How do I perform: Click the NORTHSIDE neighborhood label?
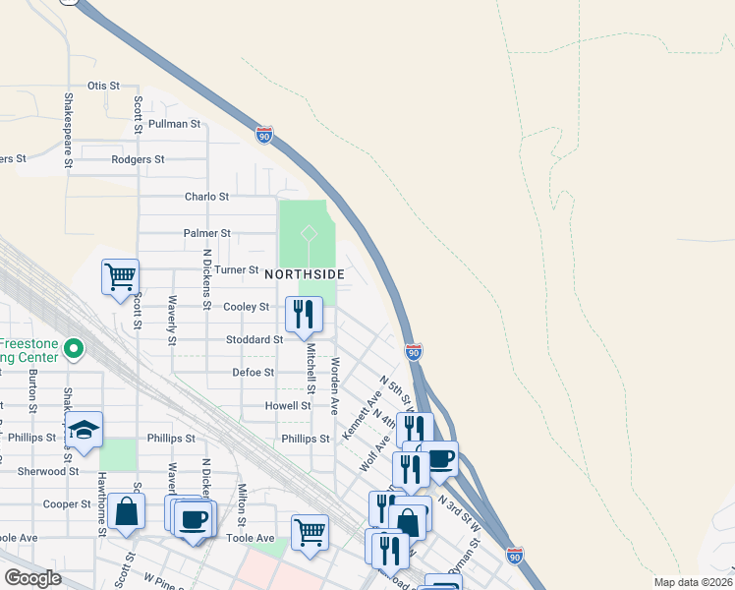(304, 273)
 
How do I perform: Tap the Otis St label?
(103, 87)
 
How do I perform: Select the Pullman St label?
(174, 125)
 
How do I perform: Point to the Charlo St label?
(206, 197)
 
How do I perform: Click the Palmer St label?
(206, 234)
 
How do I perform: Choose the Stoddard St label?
(254, 340)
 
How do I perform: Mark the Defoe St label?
(253, 373)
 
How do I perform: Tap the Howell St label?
(288, 405)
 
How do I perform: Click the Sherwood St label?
(47, 472)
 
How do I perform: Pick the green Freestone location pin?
(74, 349)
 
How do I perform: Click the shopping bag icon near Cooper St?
(126, 511)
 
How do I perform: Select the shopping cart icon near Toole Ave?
(311, 532)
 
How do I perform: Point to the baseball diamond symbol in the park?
(308, 233)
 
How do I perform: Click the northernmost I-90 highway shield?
(263, 135)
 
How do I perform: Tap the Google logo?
(32, 578)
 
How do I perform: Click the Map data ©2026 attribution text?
(694, 582)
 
